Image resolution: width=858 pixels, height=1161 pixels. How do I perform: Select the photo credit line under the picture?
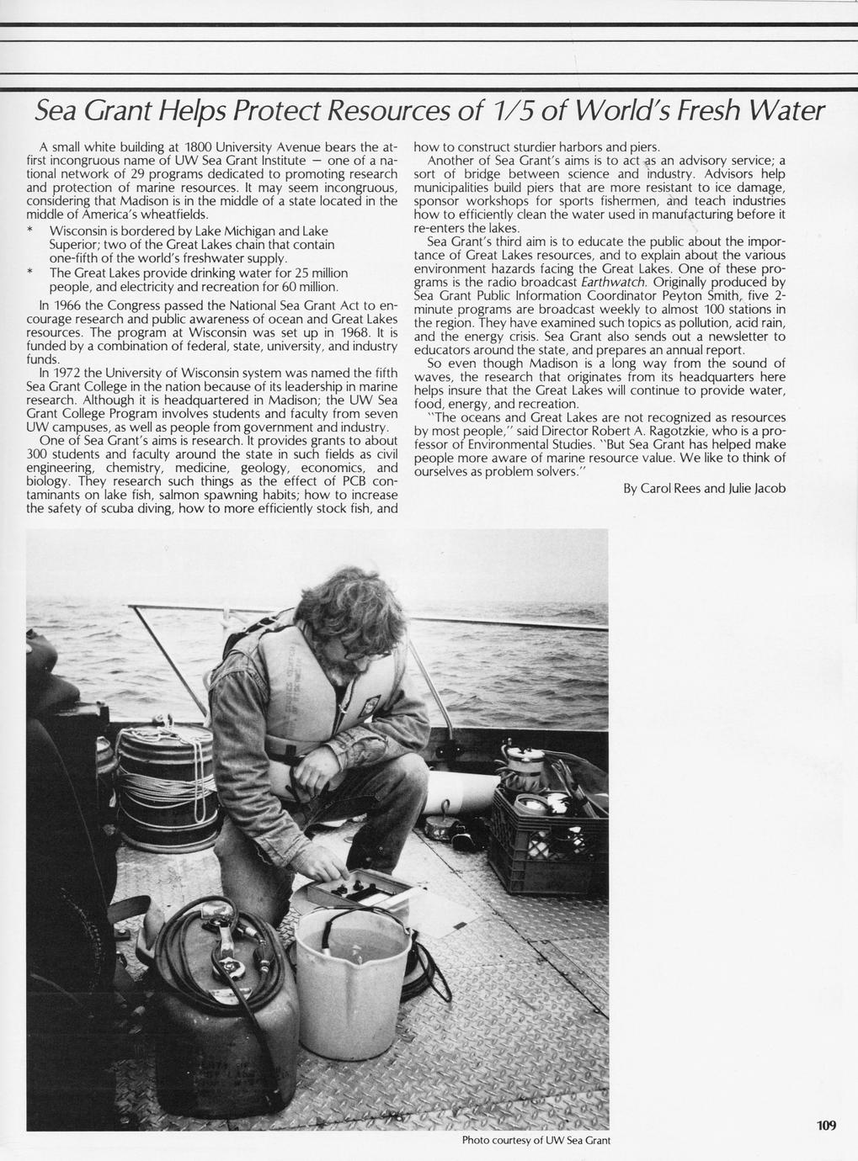536,1141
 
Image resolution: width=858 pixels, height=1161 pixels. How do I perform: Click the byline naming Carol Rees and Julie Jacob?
704,488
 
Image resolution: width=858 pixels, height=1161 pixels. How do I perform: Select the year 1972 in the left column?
70,373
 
